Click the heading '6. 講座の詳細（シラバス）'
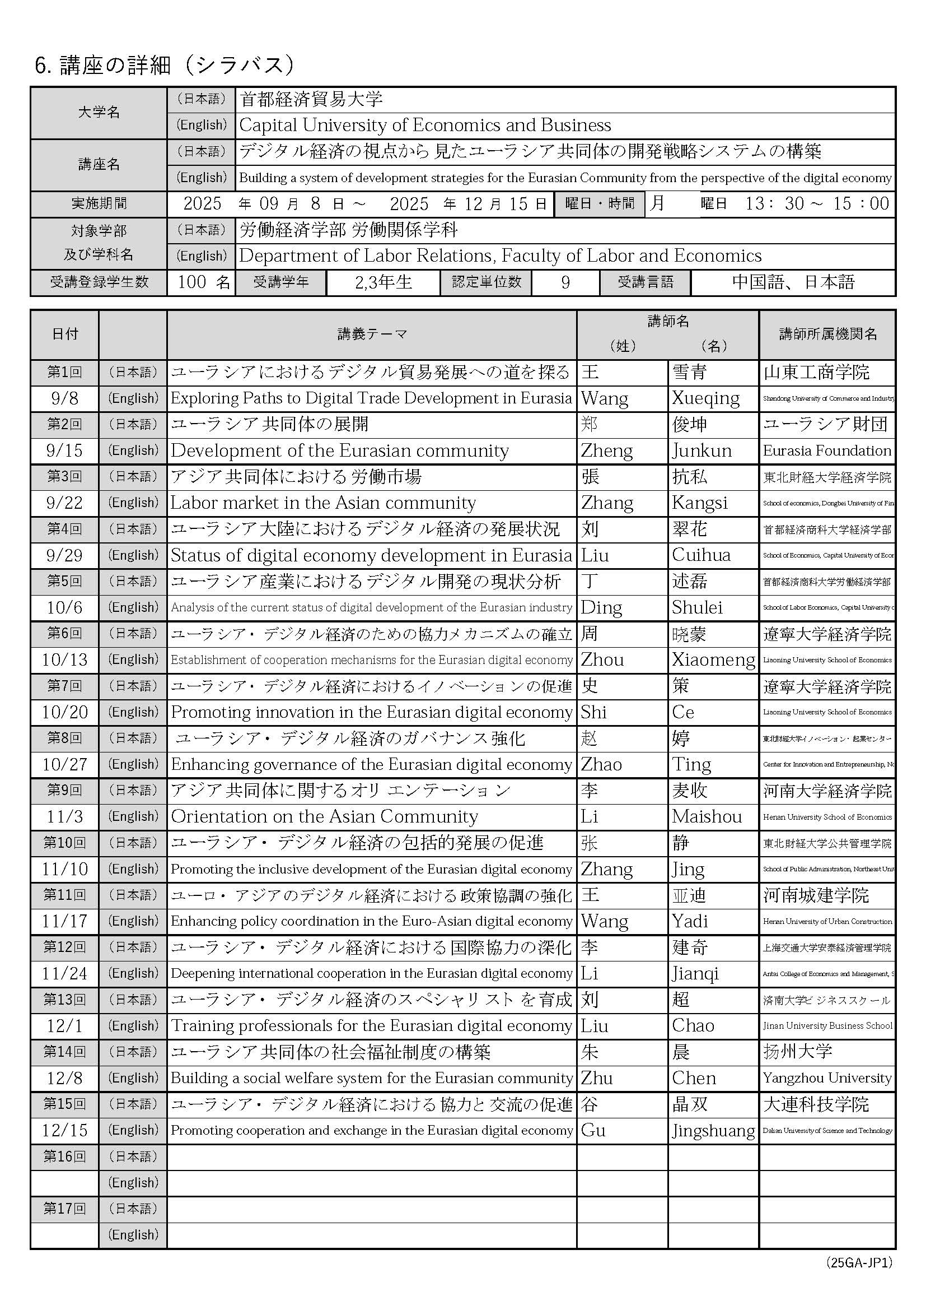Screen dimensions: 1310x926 165,66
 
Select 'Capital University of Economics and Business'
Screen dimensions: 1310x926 425,125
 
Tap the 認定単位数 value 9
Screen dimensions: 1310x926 565,282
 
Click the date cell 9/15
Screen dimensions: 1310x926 64,450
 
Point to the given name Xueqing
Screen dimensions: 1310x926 705,398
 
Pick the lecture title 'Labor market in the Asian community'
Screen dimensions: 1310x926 323,503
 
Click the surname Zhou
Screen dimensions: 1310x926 602,659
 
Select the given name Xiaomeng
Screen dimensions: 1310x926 713,659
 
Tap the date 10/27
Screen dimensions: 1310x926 64,765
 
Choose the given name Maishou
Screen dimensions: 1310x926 707,816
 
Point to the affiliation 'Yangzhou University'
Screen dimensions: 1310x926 827,1078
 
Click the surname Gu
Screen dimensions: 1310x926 593,1130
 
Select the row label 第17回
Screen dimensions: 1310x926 64,1209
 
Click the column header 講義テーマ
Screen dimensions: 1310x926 372,335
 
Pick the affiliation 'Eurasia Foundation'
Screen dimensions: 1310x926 827,450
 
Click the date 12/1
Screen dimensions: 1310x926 64,1026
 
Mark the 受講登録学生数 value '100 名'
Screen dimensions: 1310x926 203,282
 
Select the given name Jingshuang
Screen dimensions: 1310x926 713,1130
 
